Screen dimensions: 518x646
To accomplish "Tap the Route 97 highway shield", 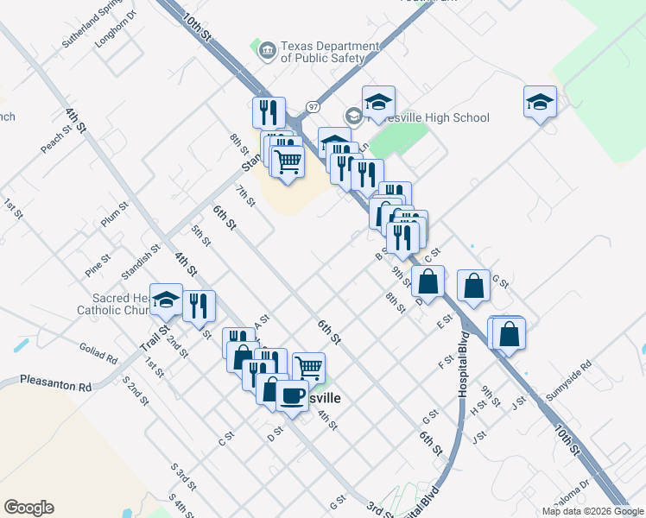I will pos(313,106).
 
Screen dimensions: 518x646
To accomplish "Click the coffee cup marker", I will pos(293,395).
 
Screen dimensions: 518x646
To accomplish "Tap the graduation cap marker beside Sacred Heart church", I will pos(166,300).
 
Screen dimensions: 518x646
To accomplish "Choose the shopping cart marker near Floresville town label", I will pos(307,368).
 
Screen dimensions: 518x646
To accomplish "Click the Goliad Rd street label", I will pos(98,355).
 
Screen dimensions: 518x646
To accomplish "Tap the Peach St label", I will pos(54,140).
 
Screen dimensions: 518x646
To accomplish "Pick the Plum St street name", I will pos(114,214).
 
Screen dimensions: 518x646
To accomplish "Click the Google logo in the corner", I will pos(28,508).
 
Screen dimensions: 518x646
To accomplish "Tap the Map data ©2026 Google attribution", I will pos(592,511).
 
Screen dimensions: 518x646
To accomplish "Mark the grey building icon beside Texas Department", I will pos(267,52).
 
